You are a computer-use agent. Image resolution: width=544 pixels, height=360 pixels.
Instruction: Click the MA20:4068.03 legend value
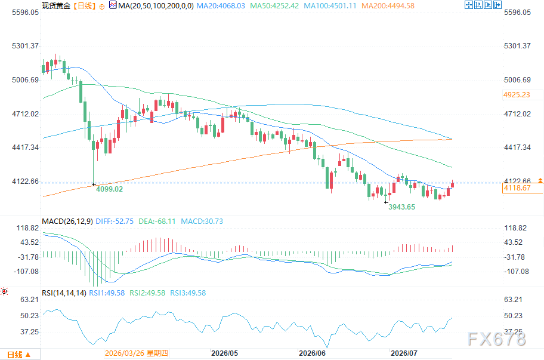point(221,6)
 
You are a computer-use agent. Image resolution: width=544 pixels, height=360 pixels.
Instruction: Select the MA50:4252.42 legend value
point(274,6)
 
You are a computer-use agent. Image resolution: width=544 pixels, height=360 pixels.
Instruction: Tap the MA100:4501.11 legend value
point(330,6)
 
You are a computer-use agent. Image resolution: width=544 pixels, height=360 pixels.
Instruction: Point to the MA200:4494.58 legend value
point(388,6)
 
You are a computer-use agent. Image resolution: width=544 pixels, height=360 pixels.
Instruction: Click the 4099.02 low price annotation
point(109,189)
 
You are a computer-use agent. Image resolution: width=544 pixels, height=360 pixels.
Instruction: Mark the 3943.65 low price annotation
point(402,207)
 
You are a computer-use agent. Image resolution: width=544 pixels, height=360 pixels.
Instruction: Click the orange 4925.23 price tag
point(517,95)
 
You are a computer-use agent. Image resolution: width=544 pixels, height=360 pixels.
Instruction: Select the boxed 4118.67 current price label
point(517,188)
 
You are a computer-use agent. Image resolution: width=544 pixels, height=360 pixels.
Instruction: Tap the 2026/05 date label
point(224,353)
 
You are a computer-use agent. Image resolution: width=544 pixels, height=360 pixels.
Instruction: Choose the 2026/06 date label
point(312,353)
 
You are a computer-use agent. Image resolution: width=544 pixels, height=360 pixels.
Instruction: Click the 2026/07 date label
point(404,353)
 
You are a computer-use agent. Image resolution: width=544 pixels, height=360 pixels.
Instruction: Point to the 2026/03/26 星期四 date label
point(137,353)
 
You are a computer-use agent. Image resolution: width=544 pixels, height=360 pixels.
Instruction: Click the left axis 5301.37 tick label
point(25,46)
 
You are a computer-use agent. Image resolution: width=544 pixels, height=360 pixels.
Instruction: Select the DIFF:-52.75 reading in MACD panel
point(115,221)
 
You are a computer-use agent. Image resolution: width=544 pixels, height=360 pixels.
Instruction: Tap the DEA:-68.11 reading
point(157,221)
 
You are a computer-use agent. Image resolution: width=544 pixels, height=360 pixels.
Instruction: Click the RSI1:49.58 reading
point(107,293)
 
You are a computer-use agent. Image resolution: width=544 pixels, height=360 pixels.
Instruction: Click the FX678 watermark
point(497,339)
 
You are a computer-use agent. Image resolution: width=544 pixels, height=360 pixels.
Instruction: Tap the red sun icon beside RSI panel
point(4,291)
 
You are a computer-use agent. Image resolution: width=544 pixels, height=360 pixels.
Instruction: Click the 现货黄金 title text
point(56,6)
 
